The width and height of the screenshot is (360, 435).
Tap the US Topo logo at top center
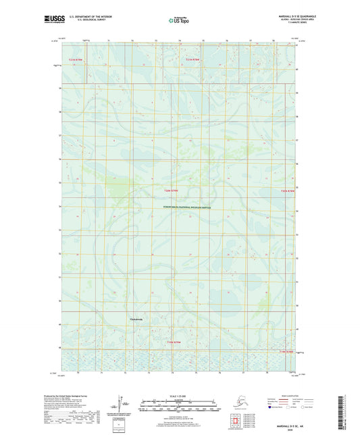pos(179,21)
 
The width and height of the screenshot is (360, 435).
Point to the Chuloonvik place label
pos(136,319)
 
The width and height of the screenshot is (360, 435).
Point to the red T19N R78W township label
pos(287,352)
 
